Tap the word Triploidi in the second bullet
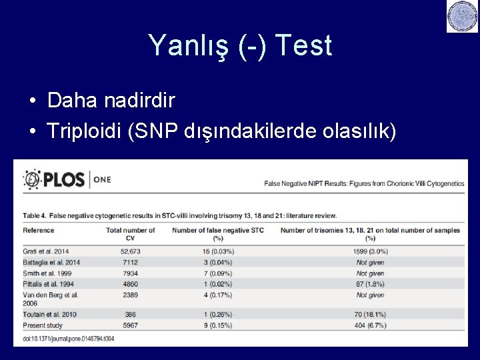pyautogui.click(x=83, y=131)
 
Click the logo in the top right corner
pyautogui.click(x=463, y=17)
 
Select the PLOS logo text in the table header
pyautogui.click(x=64, y=179)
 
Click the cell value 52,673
pyautogui.click(x=131, y=252)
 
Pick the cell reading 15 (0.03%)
pyautogui.click(x=219, y=252)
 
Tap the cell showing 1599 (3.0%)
pyautogui.click(x=370, y=252)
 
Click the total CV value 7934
pyautogui.click(x=131, y=273)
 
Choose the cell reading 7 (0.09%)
pyautogui.click(x=219, y=273)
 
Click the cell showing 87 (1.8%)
pyautogui.click(x=370, y=284)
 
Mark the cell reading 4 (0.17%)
pyautogui.click(x=219, y=295)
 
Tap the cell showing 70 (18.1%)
pyautogui.click(x=370, y=315)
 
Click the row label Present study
pyautogui.click(x=43, y=325)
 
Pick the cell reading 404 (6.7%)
pyautogui.click(x=370, y=325)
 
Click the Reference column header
pyautogui.click(x=39, y=231)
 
